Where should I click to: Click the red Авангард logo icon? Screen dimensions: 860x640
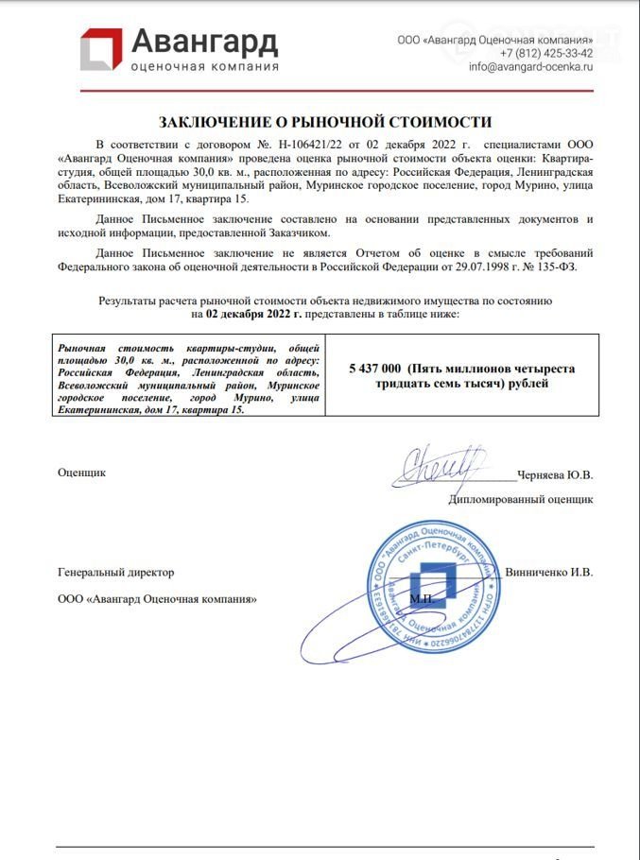click(100, 49)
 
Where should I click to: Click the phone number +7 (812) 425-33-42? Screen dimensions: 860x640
click(545, 53)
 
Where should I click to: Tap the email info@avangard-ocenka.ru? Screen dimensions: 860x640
click(530, 67)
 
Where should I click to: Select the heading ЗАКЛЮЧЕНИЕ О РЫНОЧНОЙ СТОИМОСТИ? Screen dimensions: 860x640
click(325, 122)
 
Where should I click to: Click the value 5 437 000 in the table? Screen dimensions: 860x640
click(377, 369)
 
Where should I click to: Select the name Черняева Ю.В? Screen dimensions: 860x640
click(556, 475)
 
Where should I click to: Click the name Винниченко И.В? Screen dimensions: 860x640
click(549, 572)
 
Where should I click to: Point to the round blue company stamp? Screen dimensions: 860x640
click(430, 582)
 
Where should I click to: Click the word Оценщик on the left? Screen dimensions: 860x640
click(82, 472)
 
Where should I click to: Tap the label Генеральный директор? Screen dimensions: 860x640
click(115, 572)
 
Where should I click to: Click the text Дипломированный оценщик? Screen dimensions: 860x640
click(520, 499)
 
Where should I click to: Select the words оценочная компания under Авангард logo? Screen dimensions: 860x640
click(204, 66)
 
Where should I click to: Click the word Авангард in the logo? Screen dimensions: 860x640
click(204, 42)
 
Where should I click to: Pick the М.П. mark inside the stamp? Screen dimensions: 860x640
click(422, 599)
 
